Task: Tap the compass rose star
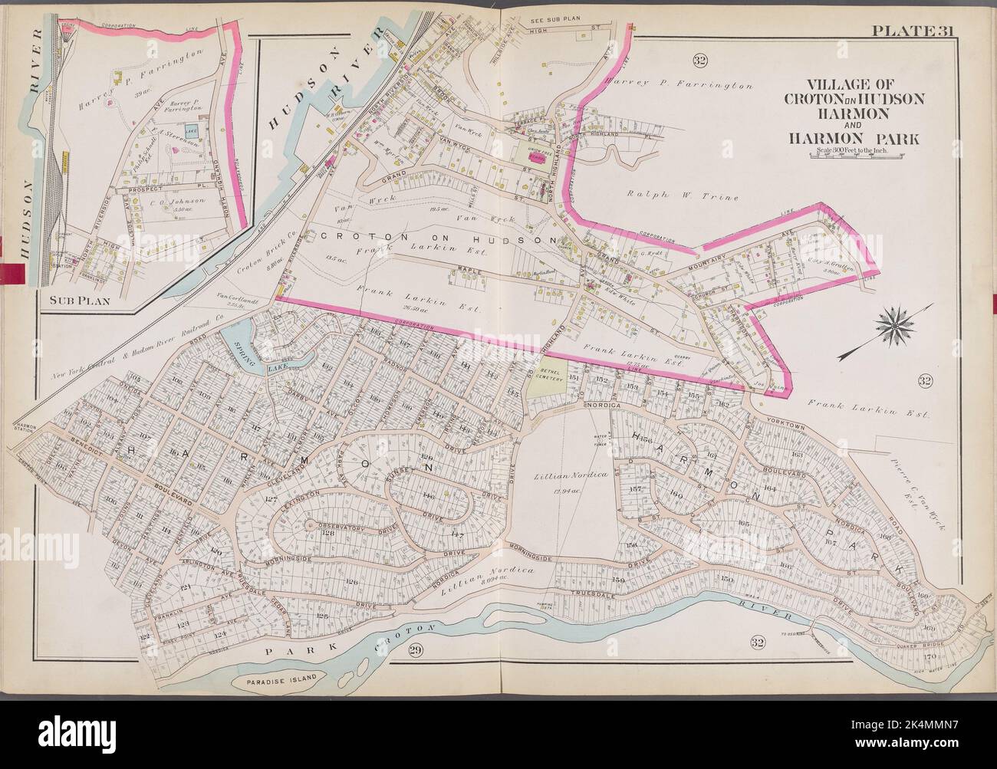coord(894,323)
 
